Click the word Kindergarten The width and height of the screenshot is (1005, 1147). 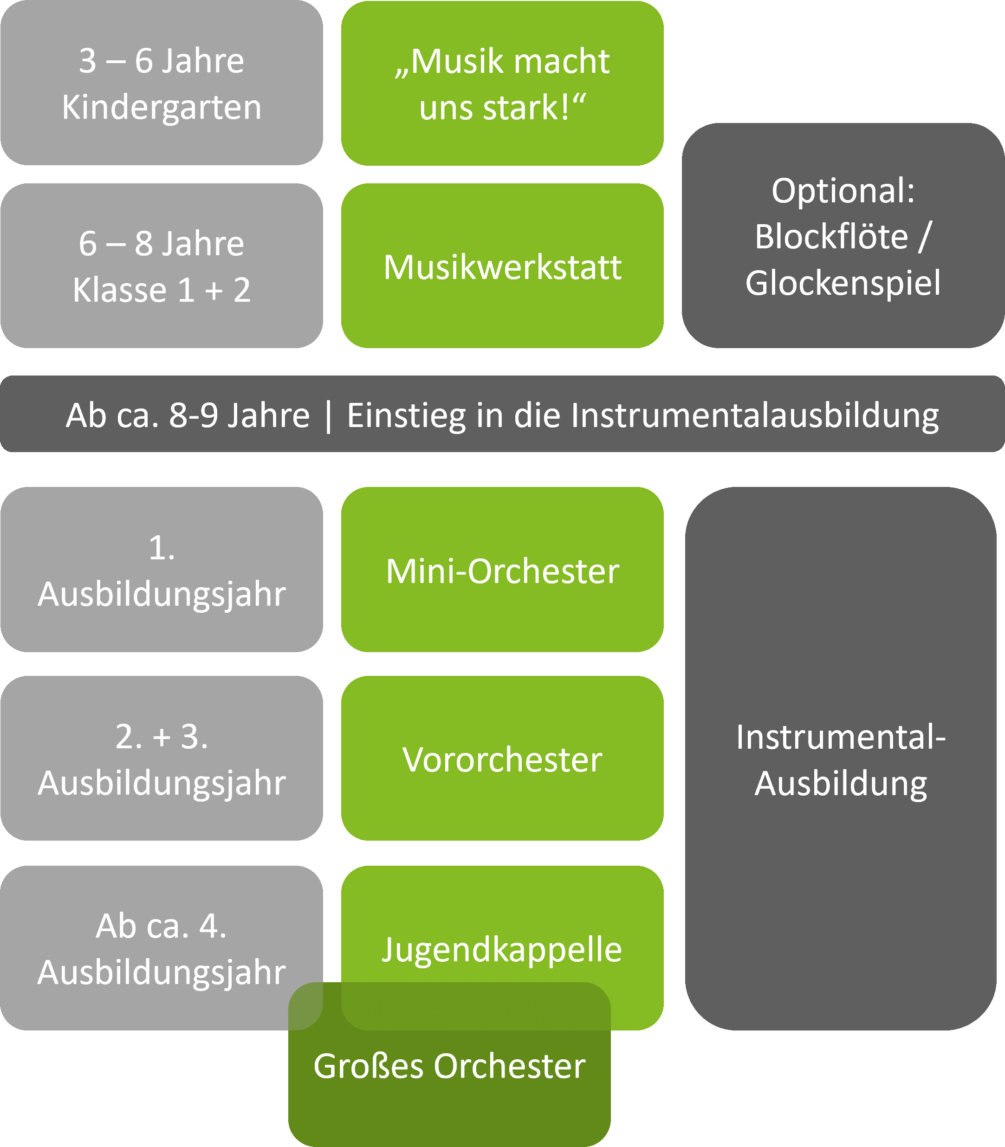pyautogui.click(x=162, y=108)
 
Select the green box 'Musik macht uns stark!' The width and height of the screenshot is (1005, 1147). pyautogui.click(x=502, y=83)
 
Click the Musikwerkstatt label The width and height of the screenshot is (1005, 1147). pyautogui.click(x=502, y=267)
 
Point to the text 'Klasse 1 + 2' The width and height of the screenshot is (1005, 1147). pyautogui.click(x=162, y=290)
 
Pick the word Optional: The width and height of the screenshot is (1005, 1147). pyautogui.click(x=843, y=191)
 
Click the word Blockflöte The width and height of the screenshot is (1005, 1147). pyautogui.click(x=831, y=237)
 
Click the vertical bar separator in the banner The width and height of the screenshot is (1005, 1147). pyautogui.click(x=329, y=416)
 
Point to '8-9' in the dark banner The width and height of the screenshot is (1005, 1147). pyautogui.click(x=194, y=416)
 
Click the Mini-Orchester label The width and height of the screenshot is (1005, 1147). pyautogui.click(x=502, y=571)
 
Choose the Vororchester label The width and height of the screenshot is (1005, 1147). pyautogui.click(x=502, y=760)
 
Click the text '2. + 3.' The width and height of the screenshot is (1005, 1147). pyautogui.click(x=162, y=737)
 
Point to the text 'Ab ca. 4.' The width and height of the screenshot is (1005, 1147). pyautogui.click(x=162, y=927)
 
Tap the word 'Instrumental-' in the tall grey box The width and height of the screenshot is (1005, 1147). pyautogui.click(x=841, y=737)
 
